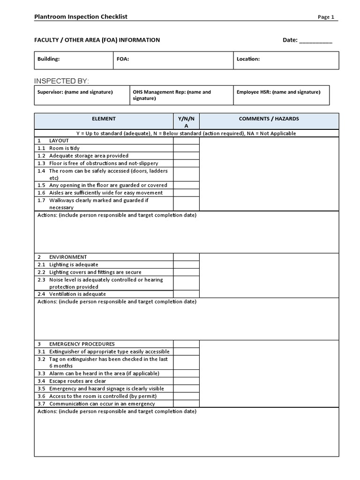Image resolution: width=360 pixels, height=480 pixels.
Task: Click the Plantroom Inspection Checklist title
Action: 81,17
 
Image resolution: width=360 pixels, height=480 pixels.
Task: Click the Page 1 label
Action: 326,17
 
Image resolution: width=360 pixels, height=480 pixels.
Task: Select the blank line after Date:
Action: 315,40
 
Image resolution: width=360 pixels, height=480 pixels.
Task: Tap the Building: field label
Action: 48,60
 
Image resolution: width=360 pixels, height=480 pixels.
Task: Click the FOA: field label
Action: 123,60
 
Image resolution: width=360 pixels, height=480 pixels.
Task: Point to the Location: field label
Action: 248,60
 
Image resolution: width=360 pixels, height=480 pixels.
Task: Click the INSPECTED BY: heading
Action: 61,81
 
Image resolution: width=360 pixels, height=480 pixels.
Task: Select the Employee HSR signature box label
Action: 278,92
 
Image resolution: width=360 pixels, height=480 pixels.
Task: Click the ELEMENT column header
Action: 104,119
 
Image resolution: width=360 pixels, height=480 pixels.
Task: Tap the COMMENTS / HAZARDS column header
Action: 269,119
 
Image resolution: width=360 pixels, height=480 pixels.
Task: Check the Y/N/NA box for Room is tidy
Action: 186,148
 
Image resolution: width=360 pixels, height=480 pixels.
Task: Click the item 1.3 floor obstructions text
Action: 103,163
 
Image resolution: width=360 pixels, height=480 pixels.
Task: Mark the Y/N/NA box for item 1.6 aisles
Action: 186,193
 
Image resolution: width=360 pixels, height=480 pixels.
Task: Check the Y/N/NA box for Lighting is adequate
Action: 186,264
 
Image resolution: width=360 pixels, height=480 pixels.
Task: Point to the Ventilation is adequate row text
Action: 77,294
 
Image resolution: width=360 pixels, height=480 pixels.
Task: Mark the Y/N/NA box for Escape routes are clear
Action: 186,381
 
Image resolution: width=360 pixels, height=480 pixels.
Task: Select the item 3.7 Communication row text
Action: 102,404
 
